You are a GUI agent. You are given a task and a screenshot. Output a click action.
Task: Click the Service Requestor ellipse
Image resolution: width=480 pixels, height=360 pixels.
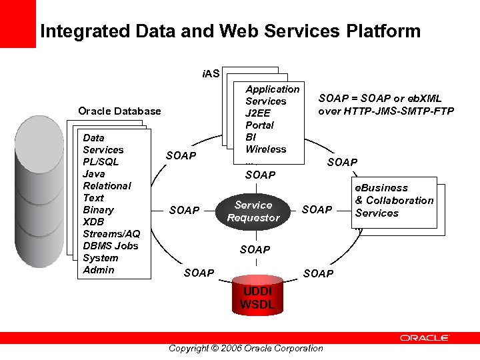pos(253,211)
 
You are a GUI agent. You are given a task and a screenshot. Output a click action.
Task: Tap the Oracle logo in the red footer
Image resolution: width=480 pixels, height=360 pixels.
pos(424,338)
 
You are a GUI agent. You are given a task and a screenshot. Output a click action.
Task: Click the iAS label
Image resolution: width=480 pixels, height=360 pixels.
pos(210,73)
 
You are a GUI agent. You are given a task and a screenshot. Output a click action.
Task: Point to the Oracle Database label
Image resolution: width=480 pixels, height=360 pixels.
pos(119,111)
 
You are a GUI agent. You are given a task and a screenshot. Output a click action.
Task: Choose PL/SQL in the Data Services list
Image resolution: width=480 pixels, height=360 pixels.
pos(101,162)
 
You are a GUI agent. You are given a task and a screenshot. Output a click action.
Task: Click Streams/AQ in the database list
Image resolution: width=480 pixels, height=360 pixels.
pos(111,234)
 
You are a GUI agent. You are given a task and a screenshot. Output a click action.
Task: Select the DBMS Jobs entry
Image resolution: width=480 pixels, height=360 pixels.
pos(110,246)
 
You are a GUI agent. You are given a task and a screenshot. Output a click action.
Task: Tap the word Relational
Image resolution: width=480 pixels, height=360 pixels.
pos(107,186)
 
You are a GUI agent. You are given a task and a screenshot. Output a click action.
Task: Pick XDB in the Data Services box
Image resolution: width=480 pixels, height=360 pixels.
pos(93,222)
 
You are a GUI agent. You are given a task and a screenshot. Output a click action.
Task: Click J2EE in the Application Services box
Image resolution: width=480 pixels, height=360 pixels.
pos(258,113)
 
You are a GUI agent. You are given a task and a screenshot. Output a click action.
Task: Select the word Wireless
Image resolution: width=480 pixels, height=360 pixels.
pos(265,149)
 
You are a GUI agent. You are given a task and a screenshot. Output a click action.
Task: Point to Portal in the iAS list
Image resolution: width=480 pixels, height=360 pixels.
pos(259,125)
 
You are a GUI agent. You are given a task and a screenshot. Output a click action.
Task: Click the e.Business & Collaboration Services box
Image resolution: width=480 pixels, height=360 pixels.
pos(394,201)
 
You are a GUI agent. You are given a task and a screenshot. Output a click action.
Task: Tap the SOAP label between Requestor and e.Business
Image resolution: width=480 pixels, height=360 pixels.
pos(317,210)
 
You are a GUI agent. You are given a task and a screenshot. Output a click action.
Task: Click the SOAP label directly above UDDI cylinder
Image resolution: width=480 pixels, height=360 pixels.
pos(255,250)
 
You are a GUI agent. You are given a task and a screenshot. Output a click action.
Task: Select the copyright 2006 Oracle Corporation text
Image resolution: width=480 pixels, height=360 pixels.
pos(245,348)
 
